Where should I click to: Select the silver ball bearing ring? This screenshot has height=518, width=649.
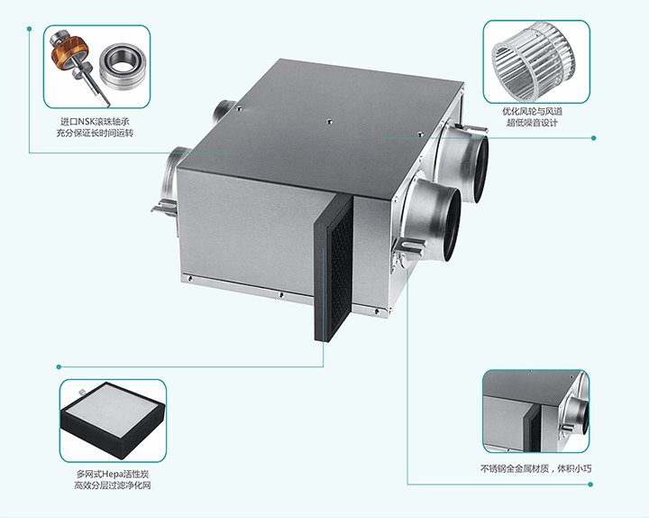[x=121, y=64]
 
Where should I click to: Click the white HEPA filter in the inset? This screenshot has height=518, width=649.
[x=112, y=420]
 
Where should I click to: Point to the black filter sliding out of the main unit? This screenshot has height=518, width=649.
[x=334, y=269]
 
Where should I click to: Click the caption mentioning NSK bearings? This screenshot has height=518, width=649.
[x=95, y=127]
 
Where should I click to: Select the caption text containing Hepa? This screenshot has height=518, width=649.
[x=112, y=479]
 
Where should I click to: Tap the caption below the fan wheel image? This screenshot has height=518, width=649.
[x=533, y=116]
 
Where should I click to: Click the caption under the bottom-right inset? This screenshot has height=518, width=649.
[x=535, y=468]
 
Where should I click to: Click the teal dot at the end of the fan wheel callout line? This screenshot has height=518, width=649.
[x=593, y=137]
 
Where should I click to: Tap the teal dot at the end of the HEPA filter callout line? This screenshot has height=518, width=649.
[x=59, y=366]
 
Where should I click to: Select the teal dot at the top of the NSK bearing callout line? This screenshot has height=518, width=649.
[x=29, y=29]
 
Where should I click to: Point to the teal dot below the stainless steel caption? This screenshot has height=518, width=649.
[x=590, y=484]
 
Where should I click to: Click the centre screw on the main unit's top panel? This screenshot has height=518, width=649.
[x=330, y=122]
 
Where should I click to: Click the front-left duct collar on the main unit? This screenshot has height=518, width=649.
[x=169, y=172]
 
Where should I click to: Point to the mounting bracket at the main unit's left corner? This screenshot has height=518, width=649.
[x=164, y=207]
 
